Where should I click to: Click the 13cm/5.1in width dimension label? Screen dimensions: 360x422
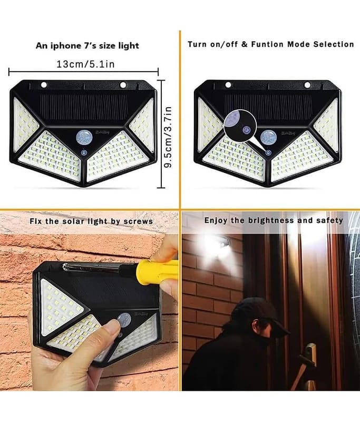tap(85, 64)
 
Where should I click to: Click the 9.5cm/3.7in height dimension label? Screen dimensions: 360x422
tap(168, 137)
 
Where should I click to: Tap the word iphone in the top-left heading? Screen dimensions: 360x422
tap(64, 46)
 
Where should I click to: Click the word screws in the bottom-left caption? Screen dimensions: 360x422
tap(138, 222)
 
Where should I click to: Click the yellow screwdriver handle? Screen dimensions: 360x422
tap(159, 271)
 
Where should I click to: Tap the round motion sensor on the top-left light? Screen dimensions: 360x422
tap(83, 137)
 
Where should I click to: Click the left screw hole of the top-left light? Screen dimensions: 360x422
tap(44, 85)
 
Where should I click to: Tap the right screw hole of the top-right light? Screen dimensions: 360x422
tap(307, 85)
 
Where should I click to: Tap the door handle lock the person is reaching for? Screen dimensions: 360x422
tap(310, 352)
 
